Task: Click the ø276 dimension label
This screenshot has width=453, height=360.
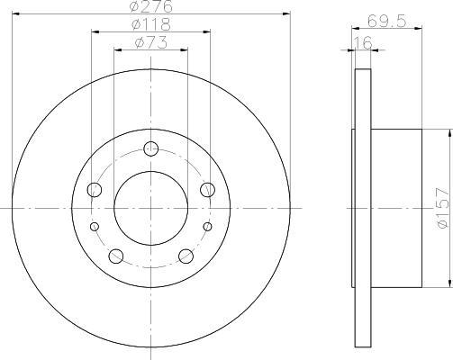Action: click(x=151, y=6)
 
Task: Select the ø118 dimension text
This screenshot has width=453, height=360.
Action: click(x=151, y=24)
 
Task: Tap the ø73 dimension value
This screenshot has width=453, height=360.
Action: click(x=151, y=42)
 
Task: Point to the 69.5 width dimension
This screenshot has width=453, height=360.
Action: click(x=386, y=21)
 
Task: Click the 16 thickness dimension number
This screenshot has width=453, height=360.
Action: click(x=363, y=42)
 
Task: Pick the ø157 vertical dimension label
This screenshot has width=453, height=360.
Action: click(x=444, y=208)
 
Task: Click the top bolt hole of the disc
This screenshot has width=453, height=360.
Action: click(x=150, y=148)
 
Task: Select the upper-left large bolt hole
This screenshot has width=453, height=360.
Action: click(x=95, y=190)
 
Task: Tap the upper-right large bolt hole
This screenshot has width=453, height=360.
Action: click(x=207, y=190)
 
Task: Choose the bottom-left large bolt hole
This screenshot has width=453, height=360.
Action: click(x=116, y=256)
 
